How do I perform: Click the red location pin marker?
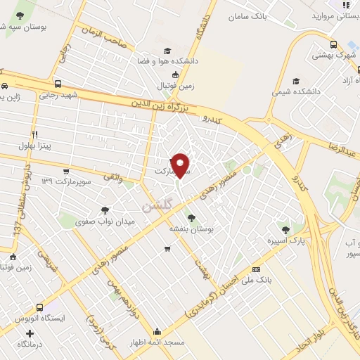[x=181, y=165]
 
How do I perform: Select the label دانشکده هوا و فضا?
[x=172, y=61]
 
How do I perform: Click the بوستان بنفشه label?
[x=191, y=229]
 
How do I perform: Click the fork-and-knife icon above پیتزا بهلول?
[x=34, y=134]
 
